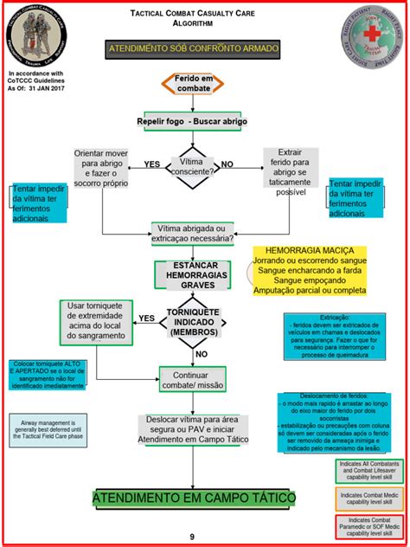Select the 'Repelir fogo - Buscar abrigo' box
pos(191,122)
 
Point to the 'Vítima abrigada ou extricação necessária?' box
pos(191,233)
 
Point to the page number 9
pos(192,537)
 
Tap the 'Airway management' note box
pos(48,430)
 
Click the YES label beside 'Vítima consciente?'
pos(151,164)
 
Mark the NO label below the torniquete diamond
pos(201,353)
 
